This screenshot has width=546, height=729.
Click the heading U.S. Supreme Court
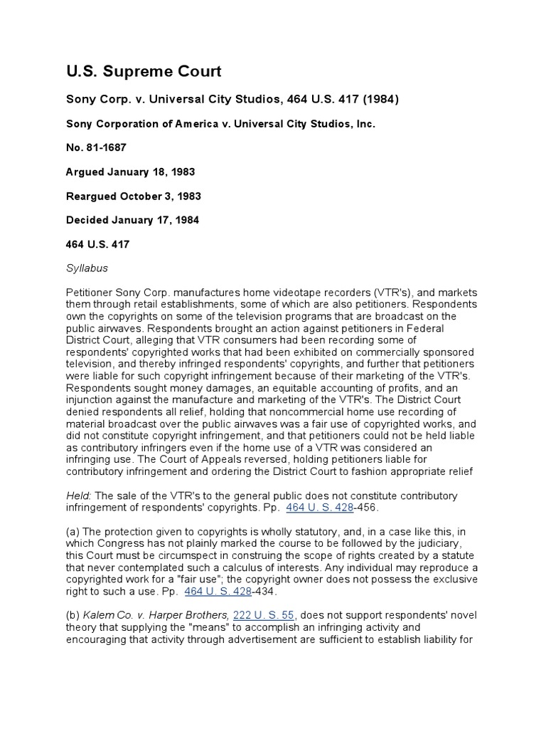(144, 71)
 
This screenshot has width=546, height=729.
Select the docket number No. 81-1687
(97, 147)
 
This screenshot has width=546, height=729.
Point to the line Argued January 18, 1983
(131, 172)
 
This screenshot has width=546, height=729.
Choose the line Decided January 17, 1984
(132, 220)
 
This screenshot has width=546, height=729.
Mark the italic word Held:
(79, 495)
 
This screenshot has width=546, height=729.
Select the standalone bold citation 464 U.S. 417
(97, 244)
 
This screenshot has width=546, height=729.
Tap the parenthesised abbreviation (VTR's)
(391, 293)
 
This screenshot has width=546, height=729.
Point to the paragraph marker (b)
(74, 616)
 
